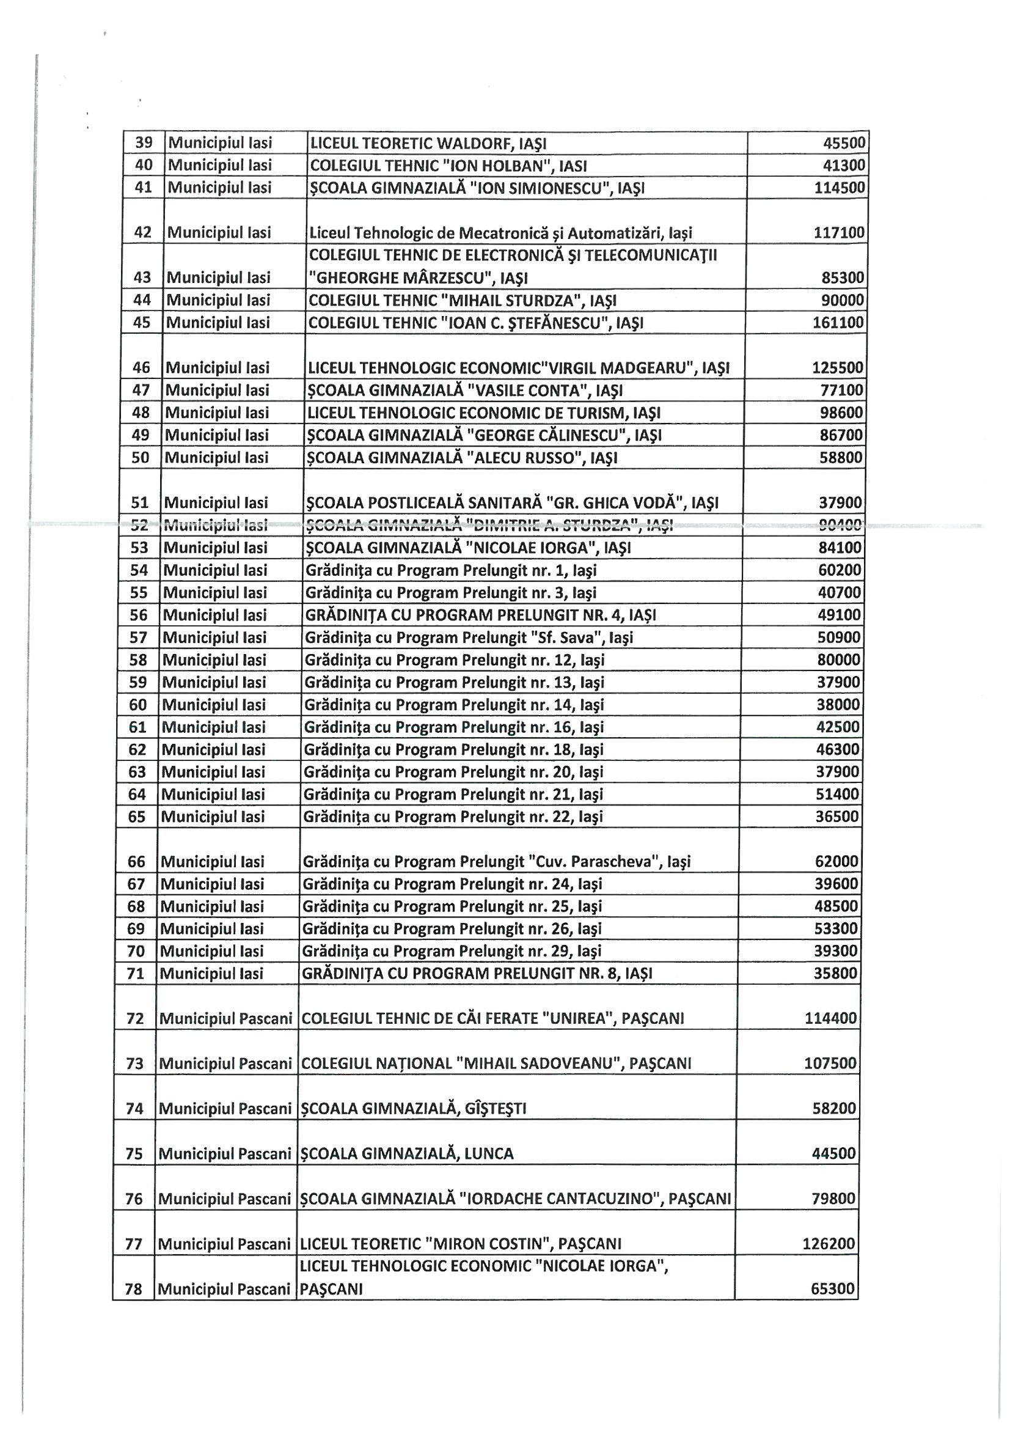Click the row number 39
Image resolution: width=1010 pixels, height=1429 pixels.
coord(144,143)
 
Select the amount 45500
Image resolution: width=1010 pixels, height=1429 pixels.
coord(844,143)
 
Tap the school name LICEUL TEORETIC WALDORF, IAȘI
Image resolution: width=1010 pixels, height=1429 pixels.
coord(428,144)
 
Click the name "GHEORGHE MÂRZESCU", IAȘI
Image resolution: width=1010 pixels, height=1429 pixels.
coord(418,278)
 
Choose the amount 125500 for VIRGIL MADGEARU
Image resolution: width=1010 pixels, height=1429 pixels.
coord(838,368)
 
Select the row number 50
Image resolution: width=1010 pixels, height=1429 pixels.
coord(141,458)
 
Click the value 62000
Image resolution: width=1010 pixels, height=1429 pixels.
coord(836,862)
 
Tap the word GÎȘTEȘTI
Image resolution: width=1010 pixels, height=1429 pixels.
coord(496,1109)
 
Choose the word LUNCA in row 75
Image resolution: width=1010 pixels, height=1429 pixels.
coord(489,1154)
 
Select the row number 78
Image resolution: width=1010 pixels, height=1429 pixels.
coord(134,1290)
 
